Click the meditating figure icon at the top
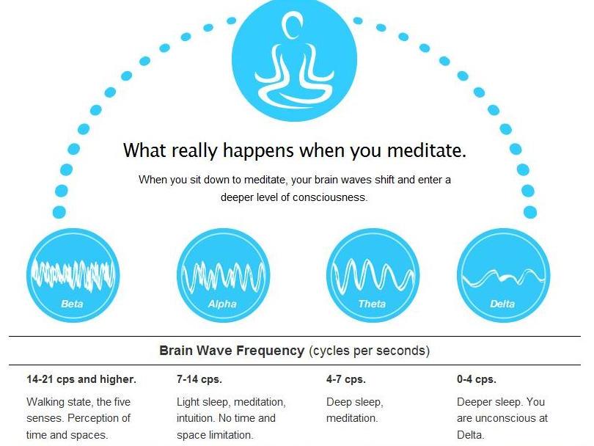(x=294, y=61)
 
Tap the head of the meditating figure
(x=292, y=26)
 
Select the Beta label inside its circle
(x=72, y=304)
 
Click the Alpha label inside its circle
(x=222, y=304)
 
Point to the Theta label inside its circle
(x=372, y=304)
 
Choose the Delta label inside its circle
(x=502, y=304)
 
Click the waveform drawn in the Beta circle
(x=73, y=275)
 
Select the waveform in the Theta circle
(x=373, y=276)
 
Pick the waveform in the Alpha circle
(x=224, y=277)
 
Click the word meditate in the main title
(x=427, y=150)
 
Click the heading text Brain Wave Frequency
(x=232, y=351)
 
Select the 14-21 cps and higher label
(x=81, y=379)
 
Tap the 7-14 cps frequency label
(x=199, y=379)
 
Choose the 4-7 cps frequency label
(x=346, y=379)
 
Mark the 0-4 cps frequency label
(x=477, y=379)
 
